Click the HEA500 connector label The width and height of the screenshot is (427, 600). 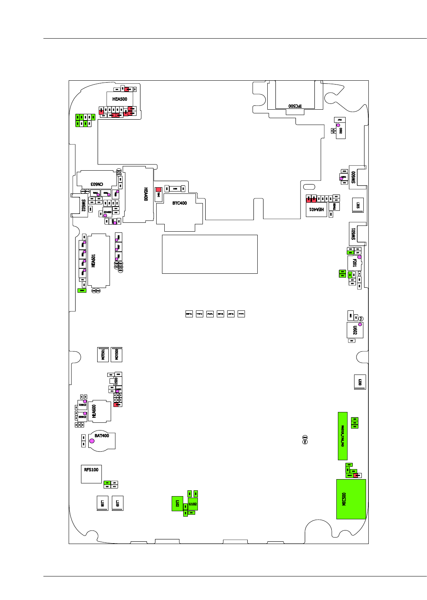[x=120, y=99]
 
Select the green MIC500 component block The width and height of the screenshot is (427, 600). [x=351, y=499]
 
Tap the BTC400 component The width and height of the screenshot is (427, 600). [x=179, y=203]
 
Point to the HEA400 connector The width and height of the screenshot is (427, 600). [x=138, y=194]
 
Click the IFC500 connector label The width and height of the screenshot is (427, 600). [x=295, y=105]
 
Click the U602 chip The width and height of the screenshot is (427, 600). [x=354, y=330]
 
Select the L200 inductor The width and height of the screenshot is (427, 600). [x=359, y=382]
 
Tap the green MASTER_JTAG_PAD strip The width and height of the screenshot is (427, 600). [x=343, y=436]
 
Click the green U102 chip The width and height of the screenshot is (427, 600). [x=192, y=504]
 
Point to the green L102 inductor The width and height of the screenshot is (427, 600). [x=177, y=503]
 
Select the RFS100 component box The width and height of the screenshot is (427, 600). [x=91, y=473]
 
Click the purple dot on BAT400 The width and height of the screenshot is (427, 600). [x=92, y=441]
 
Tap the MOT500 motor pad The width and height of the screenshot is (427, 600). [x=116, y=354]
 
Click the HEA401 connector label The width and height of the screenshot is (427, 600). [x=316, y=209]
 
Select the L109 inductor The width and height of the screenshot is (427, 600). [x=117, y=503]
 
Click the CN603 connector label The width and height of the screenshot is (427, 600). [x=96, y=184]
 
